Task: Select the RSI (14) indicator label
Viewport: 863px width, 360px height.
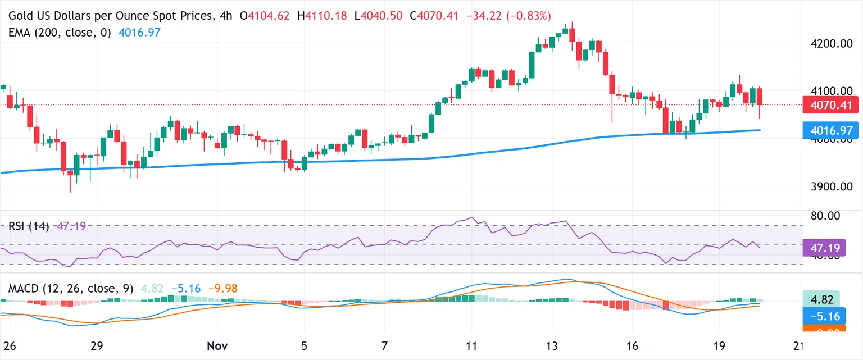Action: pos(28,226)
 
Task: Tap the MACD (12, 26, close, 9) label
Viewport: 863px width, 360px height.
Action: pos(70,289)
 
